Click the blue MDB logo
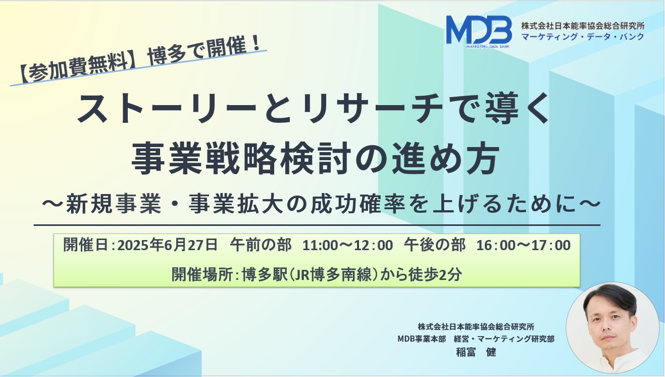[479, 31]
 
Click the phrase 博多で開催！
[204, 50]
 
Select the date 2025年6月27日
[168, 245]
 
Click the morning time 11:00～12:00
[347, 246]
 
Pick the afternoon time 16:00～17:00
[524, 246]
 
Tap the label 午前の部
[261, 245]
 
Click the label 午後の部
[435, 245]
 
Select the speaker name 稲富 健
[476, 352]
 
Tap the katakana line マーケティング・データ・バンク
[583, 37]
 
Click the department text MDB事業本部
[422, 339]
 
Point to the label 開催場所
[202, 274]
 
